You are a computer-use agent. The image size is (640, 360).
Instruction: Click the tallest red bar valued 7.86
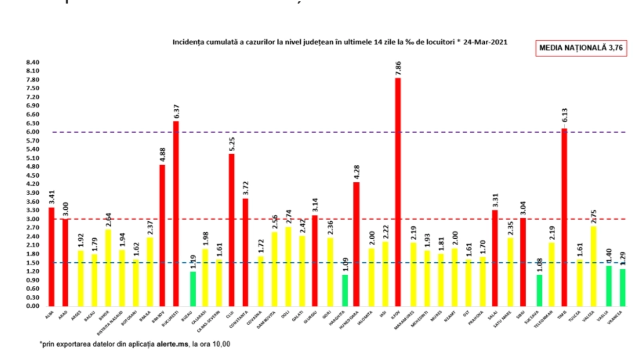point(398,192)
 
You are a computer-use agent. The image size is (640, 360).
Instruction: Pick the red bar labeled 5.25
point(232,230)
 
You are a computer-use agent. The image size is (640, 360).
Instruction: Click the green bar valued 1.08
point(539,290)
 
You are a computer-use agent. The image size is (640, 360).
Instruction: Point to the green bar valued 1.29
point(622,288)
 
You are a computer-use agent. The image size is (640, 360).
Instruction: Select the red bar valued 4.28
point(356,244)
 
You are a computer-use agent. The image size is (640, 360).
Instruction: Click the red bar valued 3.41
point(52,256)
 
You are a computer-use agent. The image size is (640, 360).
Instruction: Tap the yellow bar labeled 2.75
point(594,266)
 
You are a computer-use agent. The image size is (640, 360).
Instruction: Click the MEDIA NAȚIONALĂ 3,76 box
point(581,48)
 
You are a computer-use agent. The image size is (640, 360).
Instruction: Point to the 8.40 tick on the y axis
point(33,62)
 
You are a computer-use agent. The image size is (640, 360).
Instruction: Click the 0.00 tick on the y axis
point(33,306)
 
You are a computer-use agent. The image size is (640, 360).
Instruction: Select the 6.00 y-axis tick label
point(33,132)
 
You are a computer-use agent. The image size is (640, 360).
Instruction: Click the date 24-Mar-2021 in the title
point(485,42)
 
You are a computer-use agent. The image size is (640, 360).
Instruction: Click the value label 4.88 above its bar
point(162,155)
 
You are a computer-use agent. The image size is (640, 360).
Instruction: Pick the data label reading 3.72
point(246,188)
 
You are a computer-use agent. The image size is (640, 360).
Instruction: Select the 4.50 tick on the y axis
point(33,176)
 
